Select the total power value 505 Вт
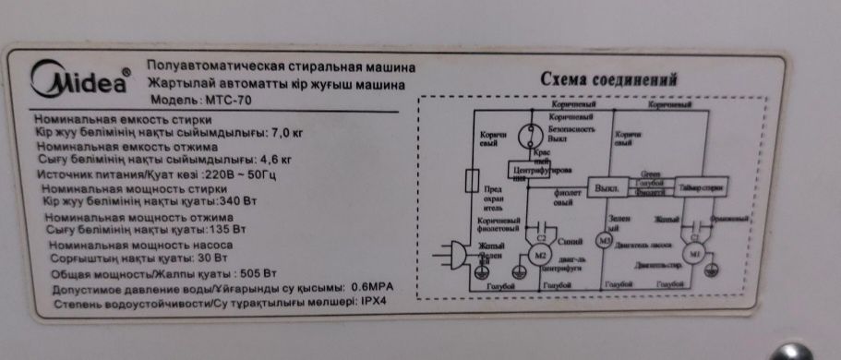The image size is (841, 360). pyautogui.click(x=258, y=274)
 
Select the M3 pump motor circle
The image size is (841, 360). pyautogui.click(x=605, y=243)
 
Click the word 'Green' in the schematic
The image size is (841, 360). pyautogui.click(x=649, y=174)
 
